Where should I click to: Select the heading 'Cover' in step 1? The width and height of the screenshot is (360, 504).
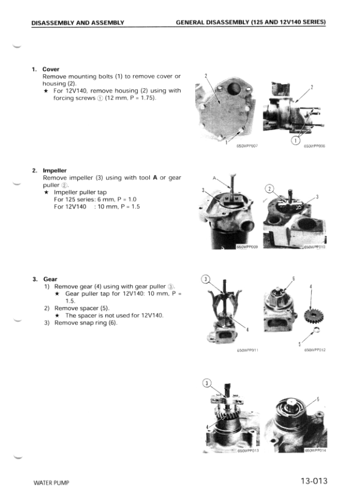[51, 69]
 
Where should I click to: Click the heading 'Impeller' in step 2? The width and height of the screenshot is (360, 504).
[54, 171]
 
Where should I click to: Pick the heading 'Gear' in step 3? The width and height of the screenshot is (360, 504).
[50, 279]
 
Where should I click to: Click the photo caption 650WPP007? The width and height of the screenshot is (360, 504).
[247, 146]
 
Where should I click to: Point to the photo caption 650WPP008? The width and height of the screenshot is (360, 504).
[314, 146]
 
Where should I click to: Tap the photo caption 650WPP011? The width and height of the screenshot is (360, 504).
[248, 350]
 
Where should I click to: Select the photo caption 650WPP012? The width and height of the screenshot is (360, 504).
[315, 350]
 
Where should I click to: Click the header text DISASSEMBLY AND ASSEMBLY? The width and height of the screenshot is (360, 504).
[78, 22]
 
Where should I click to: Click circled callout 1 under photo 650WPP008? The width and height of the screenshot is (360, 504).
[296, 140]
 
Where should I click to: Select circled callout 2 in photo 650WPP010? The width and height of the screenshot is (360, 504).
[270, 189]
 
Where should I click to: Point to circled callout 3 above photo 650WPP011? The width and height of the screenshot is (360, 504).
[206, 279]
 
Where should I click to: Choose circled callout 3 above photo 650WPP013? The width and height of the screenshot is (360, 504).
[207, 383]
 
